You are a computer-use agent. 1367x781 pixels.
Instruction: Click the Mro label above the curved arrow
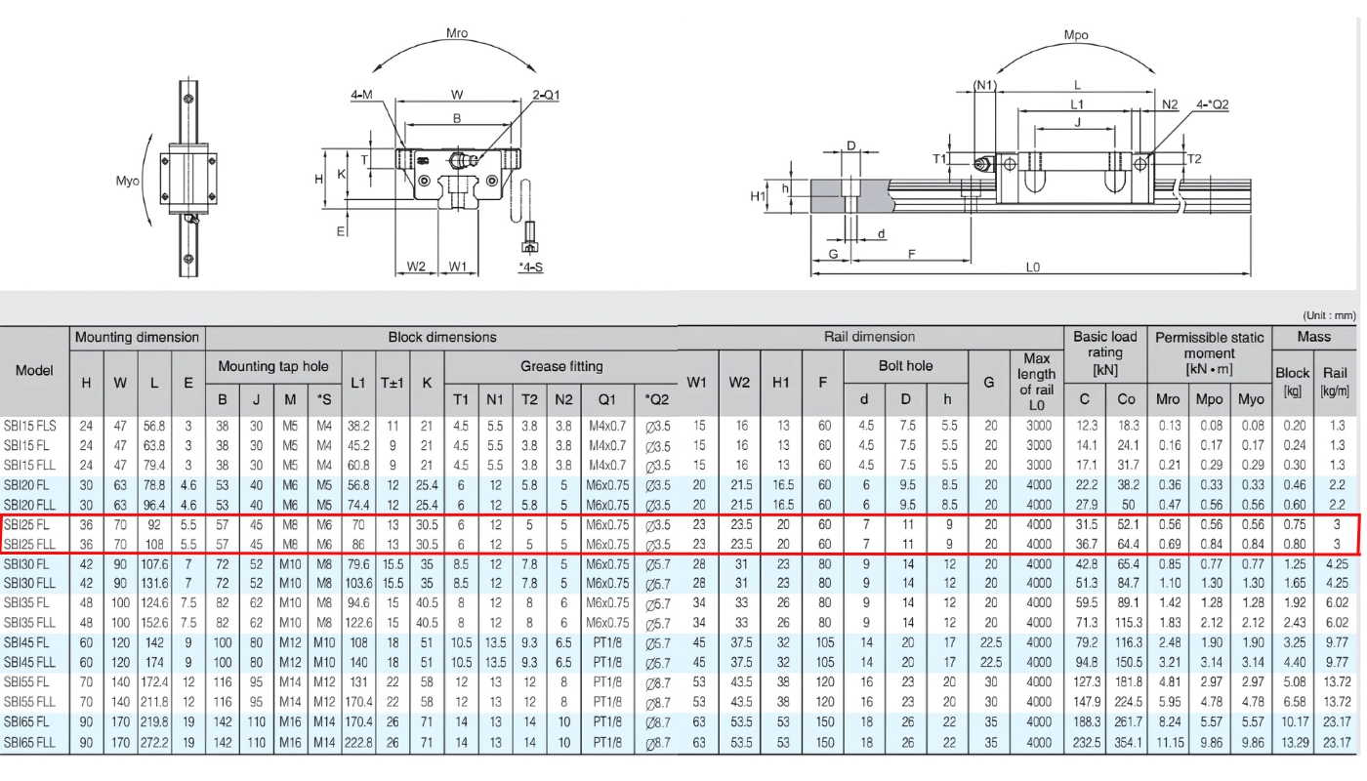tap(457, 33)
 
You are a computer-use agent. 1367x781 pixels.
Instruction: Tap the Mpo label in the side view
tap(1076, 35)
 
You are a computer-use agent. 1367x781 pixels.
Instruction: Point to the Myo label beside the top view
tap(127, 181)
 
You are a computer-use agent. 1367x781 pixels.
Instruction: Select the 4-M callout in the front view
tap(361, 95)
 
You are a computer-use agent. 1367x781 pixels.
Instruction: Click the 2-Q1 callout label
tap(546, 95)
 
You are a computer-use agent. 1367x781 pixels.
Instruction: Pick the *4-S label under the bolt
tap(530, 267)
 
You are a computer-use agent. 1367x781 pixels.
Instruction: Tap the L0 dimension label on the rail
tap(1033, 267)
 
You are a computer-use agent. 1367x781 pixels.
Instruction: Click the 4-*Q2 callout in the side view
tap(1212, 104)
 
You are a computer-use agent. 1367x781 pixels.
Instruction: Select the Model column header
tap(34, 370)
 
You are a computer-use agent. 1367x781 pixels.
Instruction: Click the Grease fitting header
tap(561, 366)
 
